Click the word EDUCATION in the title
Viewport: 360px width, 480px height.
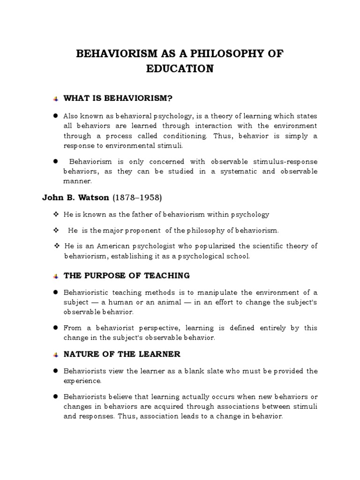180,69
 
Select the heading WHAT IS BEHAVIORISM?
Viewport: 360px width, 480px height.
118,98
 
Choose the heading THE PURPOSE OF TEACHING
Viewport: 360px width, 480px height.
127,275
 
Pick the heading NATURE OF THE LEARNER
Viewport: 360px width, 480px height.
122,354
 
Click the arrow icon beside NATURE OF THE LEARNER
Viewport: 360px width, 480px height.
55,354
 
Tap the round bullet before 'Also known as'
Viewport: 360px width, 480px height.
55,115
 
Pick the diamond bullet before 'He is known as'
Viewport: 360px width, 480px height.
55,214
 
